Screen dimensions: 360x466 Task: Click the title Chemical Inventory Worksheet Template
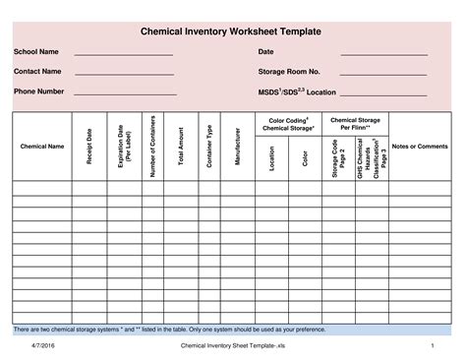click(234, 31)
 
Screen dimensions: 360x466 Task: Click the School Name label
click(34, 52)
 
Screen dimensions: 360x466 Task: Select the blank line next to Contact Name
click(124, 73)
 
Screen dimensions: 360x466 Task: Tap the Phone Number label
click(39, 91)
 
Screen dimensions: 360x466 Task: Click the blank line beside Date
click(383, 53)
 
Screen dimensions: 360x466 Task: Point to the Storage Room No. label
click(289, 72)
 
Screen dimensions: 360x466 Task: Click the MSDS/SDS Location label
click(296, 91)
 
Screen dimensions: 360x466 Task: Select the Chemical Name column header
click(42, 147)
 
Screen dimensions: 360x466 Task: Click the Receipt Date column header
click(88, 147)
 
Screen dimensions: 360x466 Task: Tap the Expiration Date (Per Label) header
click(124, 147)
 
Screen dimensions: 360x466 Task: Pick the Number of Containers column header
click(153, 147)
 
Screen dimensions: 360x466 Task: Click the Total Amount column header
click(181, 147)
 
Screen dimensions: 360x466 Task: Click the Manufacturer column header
click(237, 147)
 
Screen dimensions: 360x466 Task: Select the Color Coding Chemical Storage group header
click(289, 124)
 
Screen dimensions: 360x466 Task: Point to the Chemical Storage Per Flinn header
click(355, 124)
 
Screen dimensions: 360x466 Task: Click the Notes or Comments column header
click(420, 147)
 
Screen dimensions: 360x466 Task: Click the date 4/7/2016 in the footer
click(42, 346)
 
